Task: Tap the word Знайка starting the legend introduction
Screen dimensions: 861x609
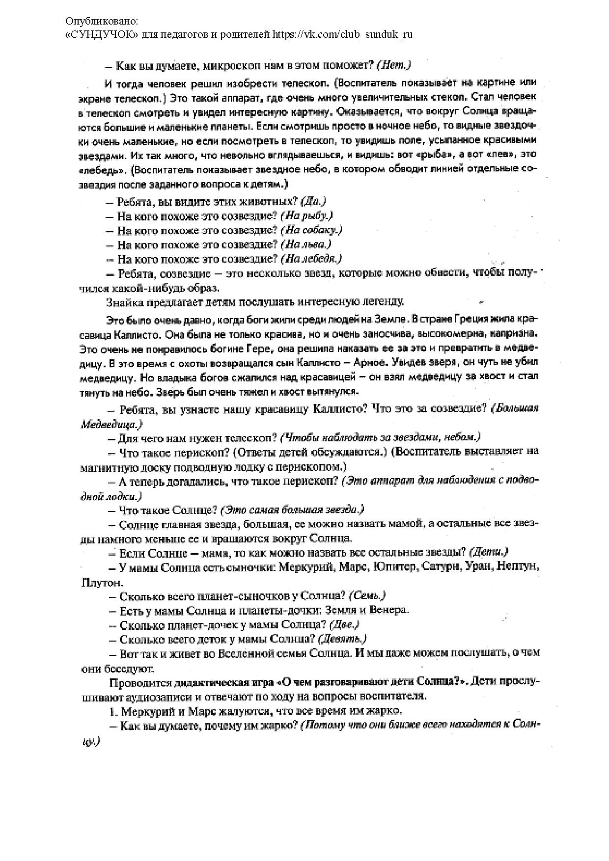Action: coord(121,301)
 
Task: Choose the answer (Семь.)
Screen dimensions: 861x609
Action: coord(367,595)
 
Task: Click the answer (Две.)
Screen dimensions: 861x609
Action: coord(344,624)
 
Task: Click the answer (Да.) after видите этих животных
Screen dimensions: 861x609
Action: coord(313,201)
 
